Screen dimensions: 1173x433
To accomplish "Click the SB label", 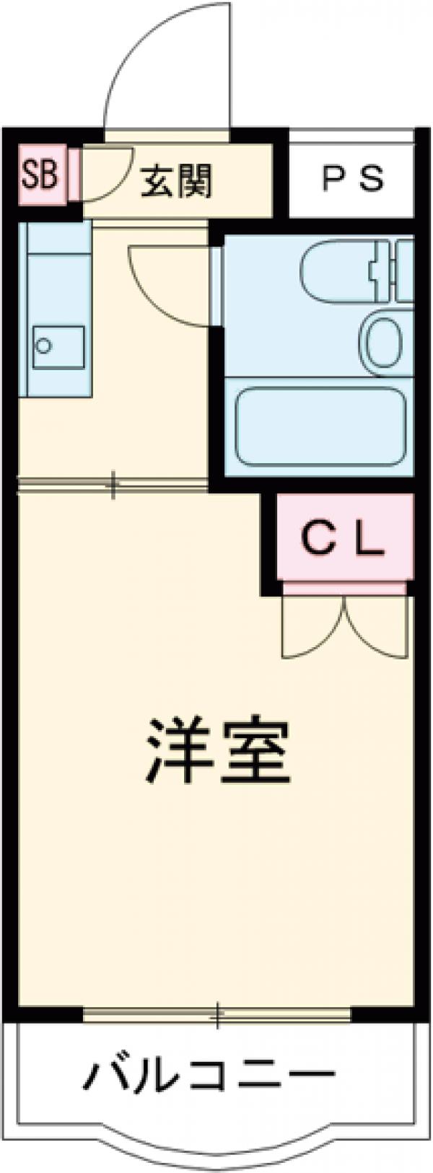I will pyautogui.click(x=39, y=175).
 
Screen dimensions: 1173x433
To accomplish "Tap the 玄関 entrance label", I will pyautogui.click(x=176, y=181).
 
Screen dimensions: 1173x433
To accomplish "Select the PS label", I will pyautogui.click(x=351, y=179).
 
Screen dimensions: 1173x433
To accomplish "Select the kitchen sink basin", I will pyautogui.click(x=58, y=348).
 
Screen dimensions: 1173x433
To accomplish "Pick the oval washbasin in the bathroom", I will pyautogui.click(x=385, y=342).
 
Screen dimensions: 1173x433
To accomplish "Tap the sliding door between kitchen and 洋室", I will pyautogui.click(x=113, y=485).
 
